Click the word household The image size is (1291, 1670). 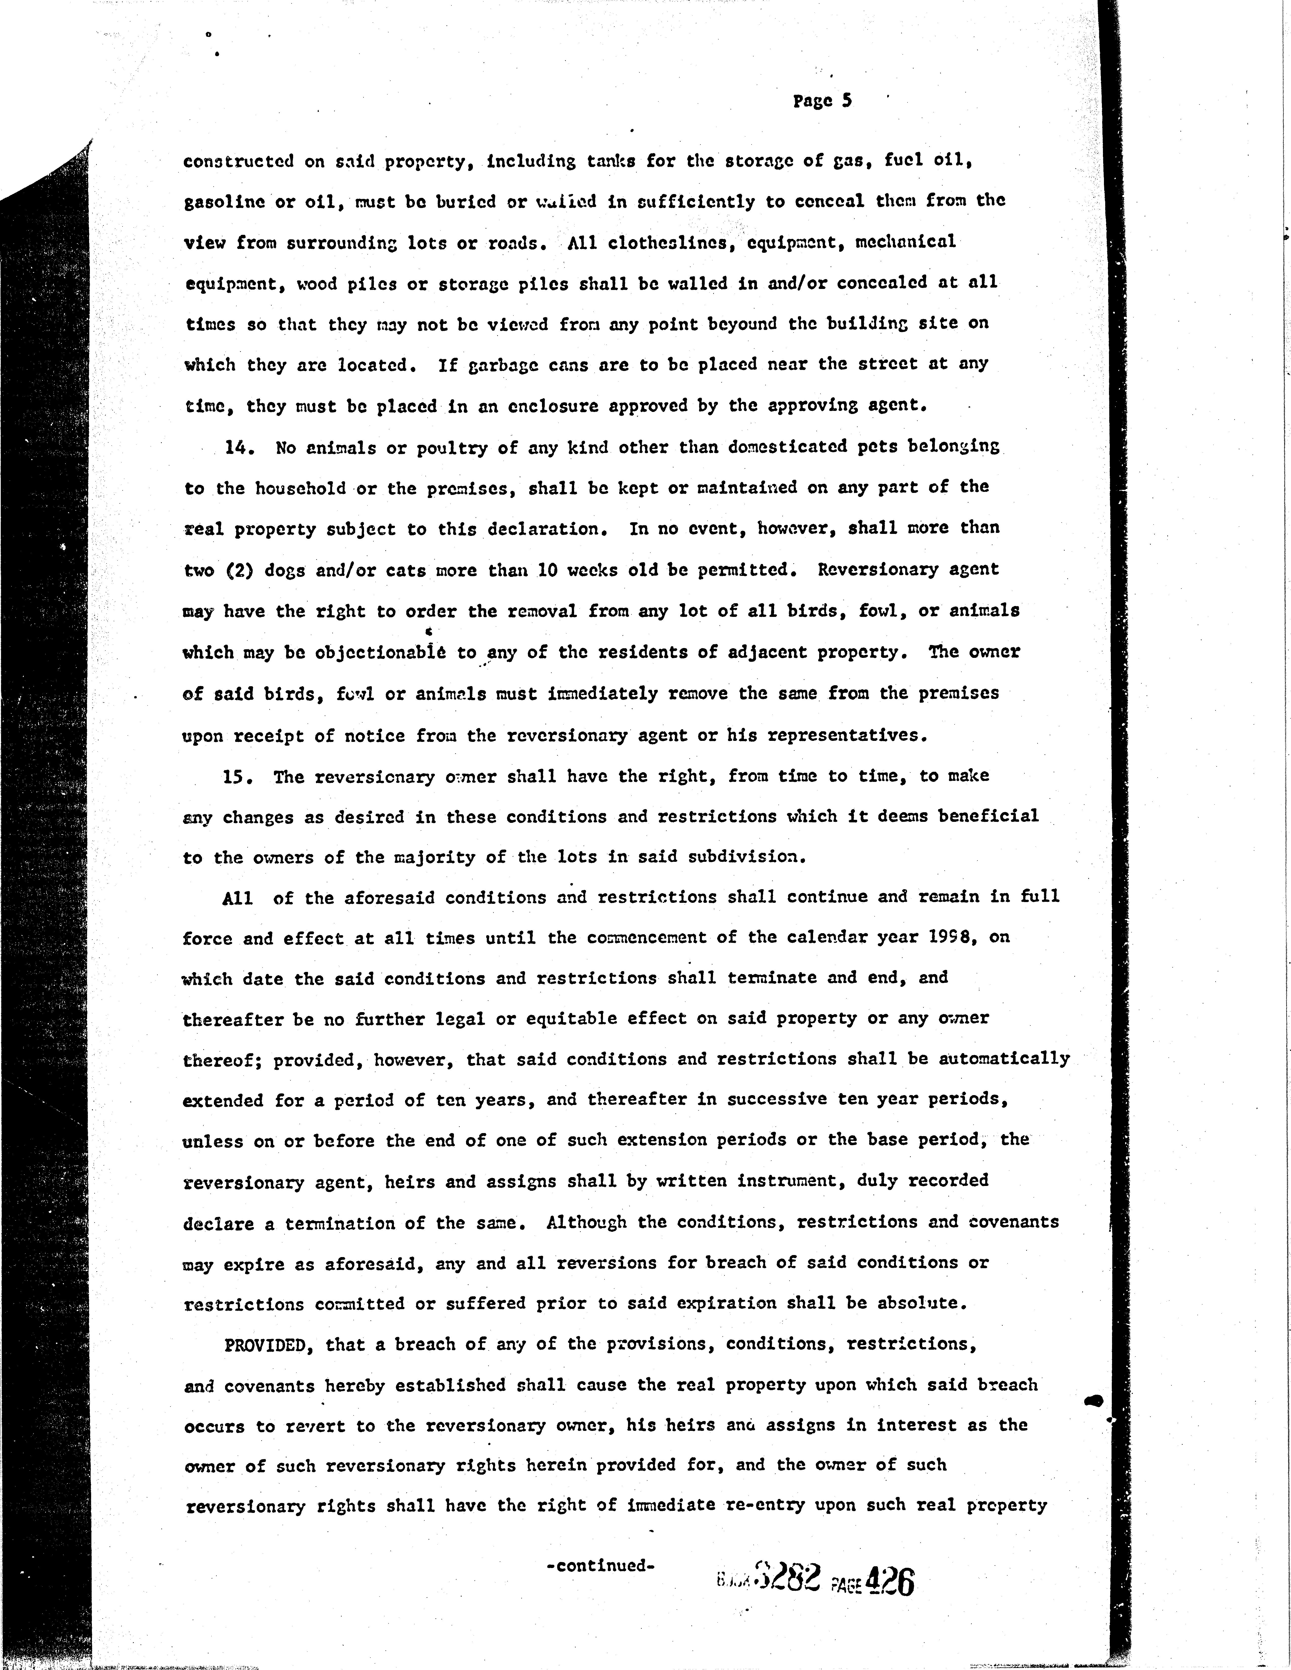tap(281, 489)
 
